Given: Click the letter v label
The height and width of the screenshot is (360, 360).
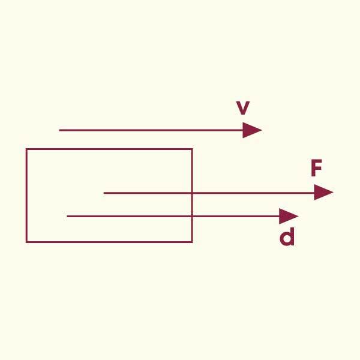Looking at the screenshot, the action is (x=242, y=109).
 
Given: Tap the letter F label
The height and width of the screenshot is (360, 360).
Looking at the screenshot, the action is (x=316, y=169).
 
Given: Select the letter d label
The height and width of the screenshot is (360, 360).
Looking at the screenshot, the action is (x=288, y=238).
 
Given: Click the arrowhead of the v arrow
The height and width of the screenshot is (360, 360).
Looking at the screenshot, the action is (x=254, y=130).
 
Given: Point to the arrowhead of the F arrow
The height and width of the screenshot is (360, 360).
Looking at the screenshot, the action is (x=325, y=193).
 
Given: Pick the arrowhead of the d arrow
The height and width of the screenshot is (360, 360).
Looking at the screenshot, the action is (x=290, y=216).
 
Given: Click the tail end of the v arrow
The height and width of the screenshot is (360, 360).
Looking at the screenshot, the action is (x=59, y=130).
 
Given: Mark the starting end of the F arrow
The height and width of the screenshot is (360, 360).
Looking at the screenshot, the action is (x=104, y=193).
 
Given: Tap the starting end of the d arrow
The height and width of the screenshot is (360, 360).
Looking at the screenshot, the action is (x=67, y=216).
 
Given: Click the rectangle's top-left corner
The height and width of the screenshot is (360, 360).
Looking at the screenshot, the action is (x=26, y=149).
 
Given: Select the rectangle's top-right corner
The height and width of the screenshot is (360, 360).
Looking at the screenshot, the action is (x=192, y=149).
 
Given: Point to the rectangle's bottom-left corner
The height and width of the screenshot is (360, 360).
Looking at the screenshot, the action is (x=26, y=242).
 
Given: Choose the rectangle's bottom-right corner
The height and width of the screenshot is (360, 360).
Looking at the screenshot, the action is (x=192, y=242).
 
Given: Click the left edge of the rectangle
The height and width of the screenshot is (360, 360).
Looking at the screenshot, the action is (x=26, y=195).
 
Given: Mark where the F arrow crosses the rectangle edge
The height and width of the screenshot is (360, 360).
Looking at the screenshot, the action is (x=192, y=193).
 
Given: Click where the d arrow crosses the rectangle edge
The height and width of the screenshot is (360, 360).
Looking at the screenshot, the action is (x=192, y=216).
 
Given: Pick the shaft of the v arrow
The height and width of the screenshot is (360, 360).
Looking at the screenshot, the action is (x=150, y=130).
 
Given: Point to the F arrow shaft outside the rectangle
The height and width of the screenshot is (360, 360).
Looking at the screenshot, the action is (x=252, y=193).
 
